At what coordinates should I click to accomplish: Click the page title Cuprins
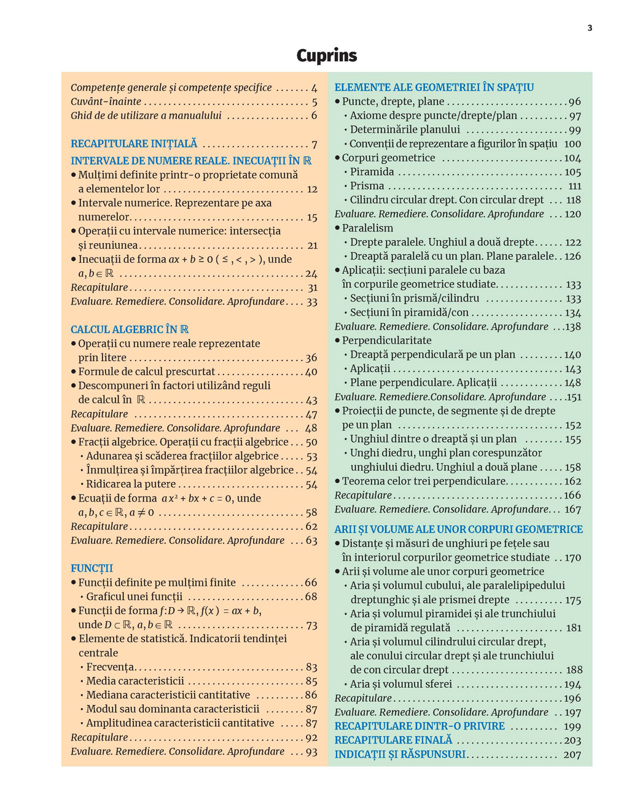click(326, 56)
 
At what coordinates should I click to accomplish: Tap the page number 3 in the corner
click(590, 28)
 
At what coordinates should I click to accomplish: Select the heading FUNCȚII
click(92, 568)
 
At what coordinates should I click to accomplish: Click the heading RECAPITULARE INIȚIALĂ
click(134, 144)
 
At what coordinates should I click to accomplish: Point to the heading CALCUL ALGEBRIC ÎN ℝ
click(129, 329)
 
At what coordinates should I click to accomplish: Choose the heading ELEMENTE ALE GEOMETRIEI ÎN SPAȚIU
click(434, 87)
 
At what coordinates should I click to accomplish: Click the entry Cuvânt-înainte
click(106, 101)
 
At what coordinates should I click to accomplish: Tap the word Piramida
click(372, 172)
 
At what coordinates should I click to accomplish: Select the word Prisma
click(367, 185)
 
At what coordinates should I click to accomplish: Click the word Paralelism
click(367, 228)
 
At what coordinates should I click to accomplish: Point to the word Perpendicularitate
click(386, 340)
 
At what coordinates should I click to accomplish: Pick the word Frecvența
click(110, 667)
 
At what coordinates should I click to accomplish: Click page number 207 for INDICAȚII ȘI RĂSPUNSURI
click(572, 755)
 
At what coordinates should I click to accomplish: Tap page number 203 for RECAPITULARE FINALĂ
click(572, 741)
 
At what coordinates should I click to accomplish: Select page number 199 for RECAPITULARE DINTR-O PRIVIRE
click(572, 726)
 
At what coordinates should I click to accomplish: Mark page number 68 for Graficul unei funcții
click(311, 596)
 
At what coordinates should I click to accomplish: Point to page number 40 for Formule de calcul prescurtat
click(311, 371)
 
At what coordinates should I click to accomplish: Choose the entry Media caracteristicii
click(135, 681)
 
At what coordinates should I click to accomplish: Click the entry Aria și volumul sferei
click(400, 684)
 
